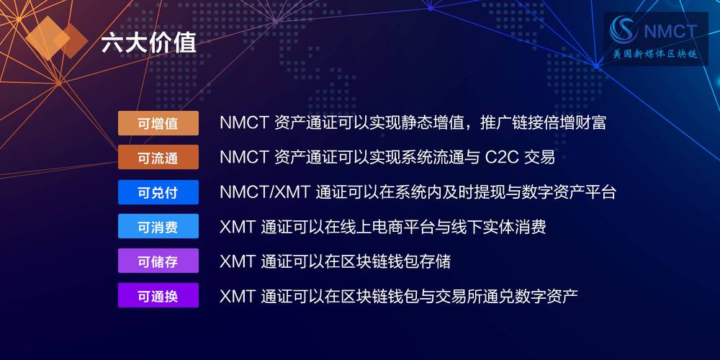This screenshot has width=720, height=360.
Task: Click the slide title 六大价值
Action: [148, 42]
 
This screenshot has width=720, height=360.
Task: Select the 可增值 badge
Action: [158, 123]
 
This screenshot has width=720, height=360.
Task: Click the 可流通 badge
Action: [158, 157]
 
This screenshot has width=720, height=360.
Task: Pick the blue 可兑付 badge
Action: [158, 192]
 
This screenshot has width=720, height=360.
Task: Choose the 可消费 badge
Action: [158, 227]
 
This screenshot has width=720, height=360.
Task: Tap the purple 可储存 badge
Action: [158, 261]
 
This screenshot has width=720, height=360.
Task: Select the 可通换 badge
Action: [158, 295]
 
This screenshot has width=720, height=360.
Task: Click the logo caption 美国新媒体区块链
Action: [654, 55]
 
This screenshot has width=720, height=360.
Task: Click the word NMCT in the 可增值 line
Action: [243, 122]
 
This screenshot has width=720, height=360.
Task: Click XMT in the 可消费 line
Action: [237, 227]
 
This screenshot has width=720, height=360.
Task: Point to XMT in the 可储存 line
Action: [237, 261]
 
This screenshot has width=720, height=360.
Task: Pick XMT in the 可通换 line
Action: [237, 295]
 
